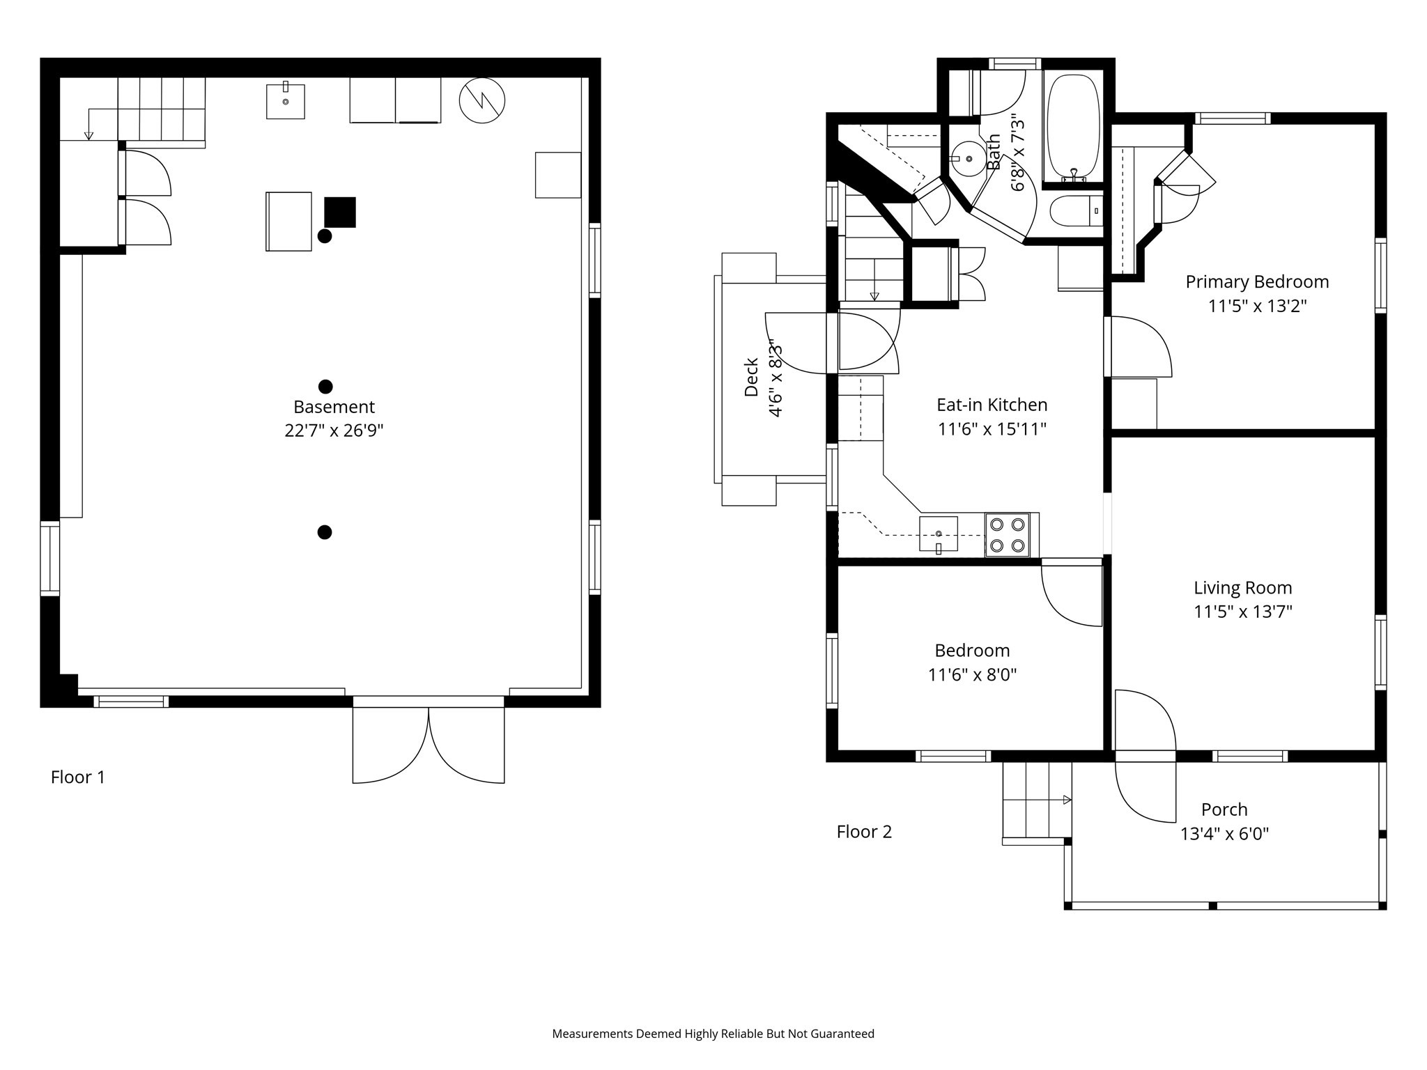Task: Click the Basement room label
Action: (334, 407)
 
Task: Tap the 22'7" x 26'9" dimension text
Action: (334, 431)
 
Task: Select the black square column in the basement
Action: (340, 212)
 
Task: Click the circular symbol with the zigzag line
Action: (482, 101)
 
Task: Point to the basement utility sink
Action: (286, 101)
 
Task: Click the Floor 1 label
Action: (78, 777)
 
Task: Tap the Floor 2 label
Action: (864, 831)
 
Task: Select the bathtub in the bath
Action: (1073, 129)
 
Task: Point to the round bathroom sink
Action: (968, 159)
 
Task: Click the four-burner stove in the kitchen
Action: (1008, 535)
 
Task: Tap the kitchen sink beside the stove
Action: (939, 534)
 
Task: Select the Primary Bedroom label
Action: (1257, 282)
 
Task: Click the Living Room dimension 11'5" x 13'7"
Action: (1243, 612)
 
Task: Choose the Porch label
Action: (1224, 809)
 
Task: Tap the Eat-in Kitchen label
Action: (992, 405)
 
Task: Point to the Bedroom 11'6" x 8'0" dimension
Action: (972, 674)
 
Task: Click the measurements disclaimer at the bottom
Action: (713, 1034)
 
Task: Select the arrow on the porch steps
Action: (1066, 800)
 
